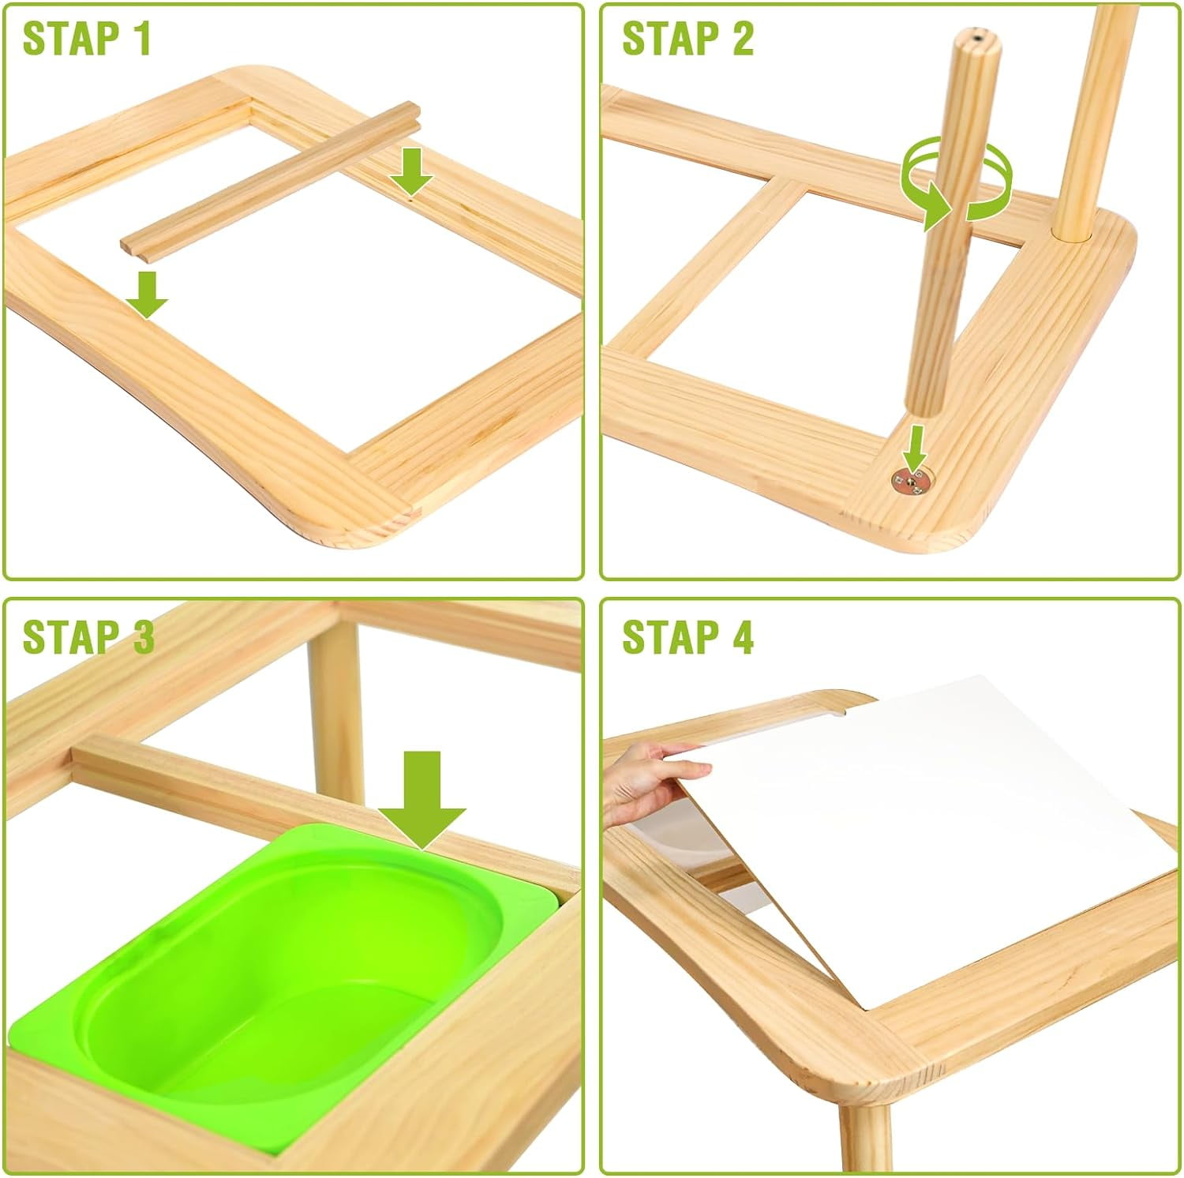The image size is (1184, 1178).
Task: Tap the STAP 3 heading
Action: pyautogui.click(x=88, y=636)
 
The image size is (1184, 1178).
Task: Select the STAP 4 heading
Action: pyautogui.click(x=688, y=636)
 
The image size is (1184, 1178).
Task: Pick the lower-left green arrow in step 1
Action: pyautogui.click(x=147, y=293)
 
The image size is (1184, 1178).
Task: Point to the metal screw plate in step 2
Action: pyautogui.click(x=912, y=479)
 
